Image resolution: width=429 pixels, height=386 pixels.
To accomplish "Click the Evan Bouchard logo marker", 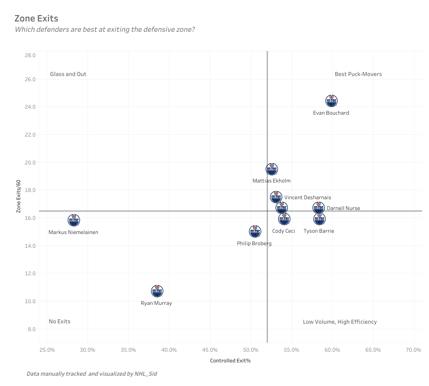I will (x=331, y=101).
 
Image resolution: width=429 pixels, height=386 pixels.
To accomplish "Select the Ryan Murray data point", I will (x=157, y=291).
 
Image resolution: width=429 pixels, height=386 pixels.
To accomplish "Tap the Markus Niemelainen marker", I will (x=74, y=221).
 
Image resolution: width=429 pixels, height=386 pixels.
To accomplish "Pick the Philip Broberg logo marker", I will (x=255, y=232).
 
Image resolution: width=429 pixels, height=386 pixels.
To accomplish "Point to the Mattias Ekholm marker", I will (x=271, y=169).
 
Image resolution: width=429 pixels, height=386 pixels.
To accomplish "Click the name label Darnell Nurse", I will (x=343, y=208).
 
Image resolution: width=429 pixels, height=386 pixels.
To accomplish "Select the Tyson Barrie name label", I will (x=319, y=231).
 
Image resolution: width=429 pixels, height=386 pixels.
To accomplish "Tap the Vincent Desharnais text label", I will (x=307, y=198).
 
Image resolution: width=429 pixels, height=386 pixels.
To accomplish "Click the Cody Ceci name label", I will (x=283, y=231).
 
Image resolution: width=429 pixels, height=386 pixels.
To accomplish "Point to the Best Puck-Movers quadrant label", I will (x=358, y=74).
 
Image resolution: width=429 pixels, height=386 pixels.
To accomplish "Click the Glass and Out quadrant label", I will (x=68, y=74).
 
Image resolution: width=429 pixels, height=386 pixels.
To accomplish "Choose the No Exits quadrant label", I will (x=59, y=321).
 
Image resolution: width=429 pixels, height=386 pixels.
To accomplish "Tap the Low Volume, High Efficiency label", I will (x=340, y=322).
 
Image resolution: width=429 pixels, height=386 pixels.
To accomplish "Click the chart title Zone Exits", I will (x=36, y=18).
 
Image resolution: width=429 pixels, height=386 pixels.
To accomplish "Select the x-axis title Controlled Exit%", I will (x=230, y=361).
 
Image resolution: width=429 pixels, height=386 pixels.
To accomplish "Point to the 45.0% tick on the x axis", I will (x=210, y=350).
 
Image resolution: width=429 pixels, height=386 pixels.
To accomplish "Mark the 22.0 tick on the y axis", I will (x=30, y=134).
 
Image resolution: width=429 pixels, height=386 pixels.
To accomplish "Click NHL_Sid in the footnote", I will (x=146, y=374).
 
